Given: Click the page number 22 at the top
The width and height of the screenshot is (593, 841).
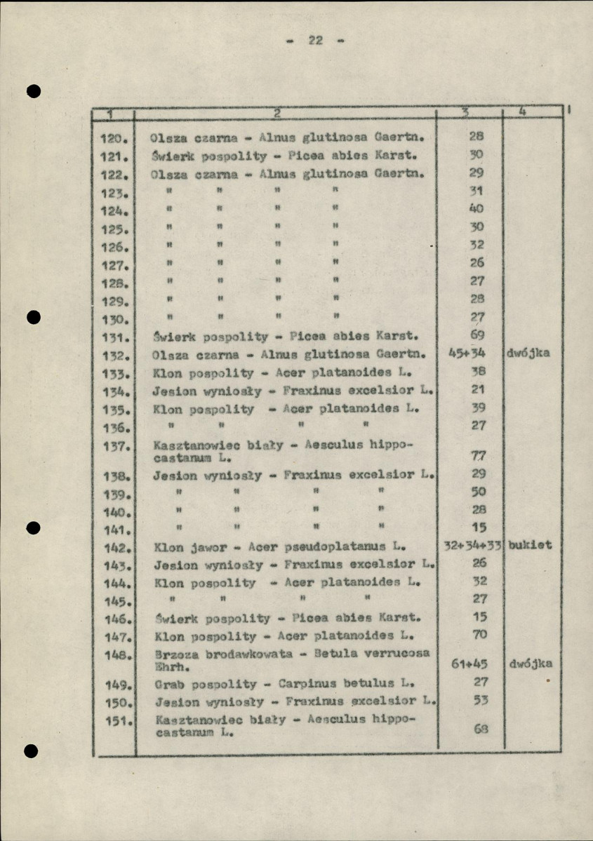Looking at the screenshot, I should click(315, 41).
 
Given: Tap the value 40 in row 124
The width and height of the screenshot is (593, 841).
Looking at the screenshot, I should click(477, 208).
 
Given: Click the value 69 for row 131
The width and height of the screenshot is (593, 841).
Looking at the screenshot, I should click(477, 336).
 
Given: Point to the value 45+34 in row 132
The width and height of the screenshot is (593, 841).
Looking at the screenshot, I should click(472, 354).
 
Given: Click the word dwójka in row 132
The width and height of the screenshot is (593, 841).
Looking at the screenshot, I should click(528, 354).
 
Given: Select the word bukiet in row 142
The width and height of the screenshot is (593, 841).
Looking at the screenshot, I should click(529, 545).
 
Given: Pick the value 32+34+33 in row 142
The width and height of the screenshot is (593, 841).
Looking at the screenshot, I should click(471, 545).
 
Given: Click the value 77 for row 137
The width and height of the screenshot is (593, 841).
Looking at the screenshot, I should click(478, 456).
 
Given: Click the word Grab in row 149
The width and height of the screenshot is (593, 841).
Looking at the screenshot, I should click(170, 683).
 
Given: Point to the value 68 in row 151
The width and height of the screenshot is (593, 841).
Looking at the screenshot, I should click(480, 729).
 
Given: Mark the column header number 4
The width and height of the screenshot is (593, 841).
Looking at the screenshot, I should click(523, 112).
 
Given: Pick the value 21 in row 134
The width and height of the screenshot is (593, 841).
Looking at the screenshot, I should click(479, 389).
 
